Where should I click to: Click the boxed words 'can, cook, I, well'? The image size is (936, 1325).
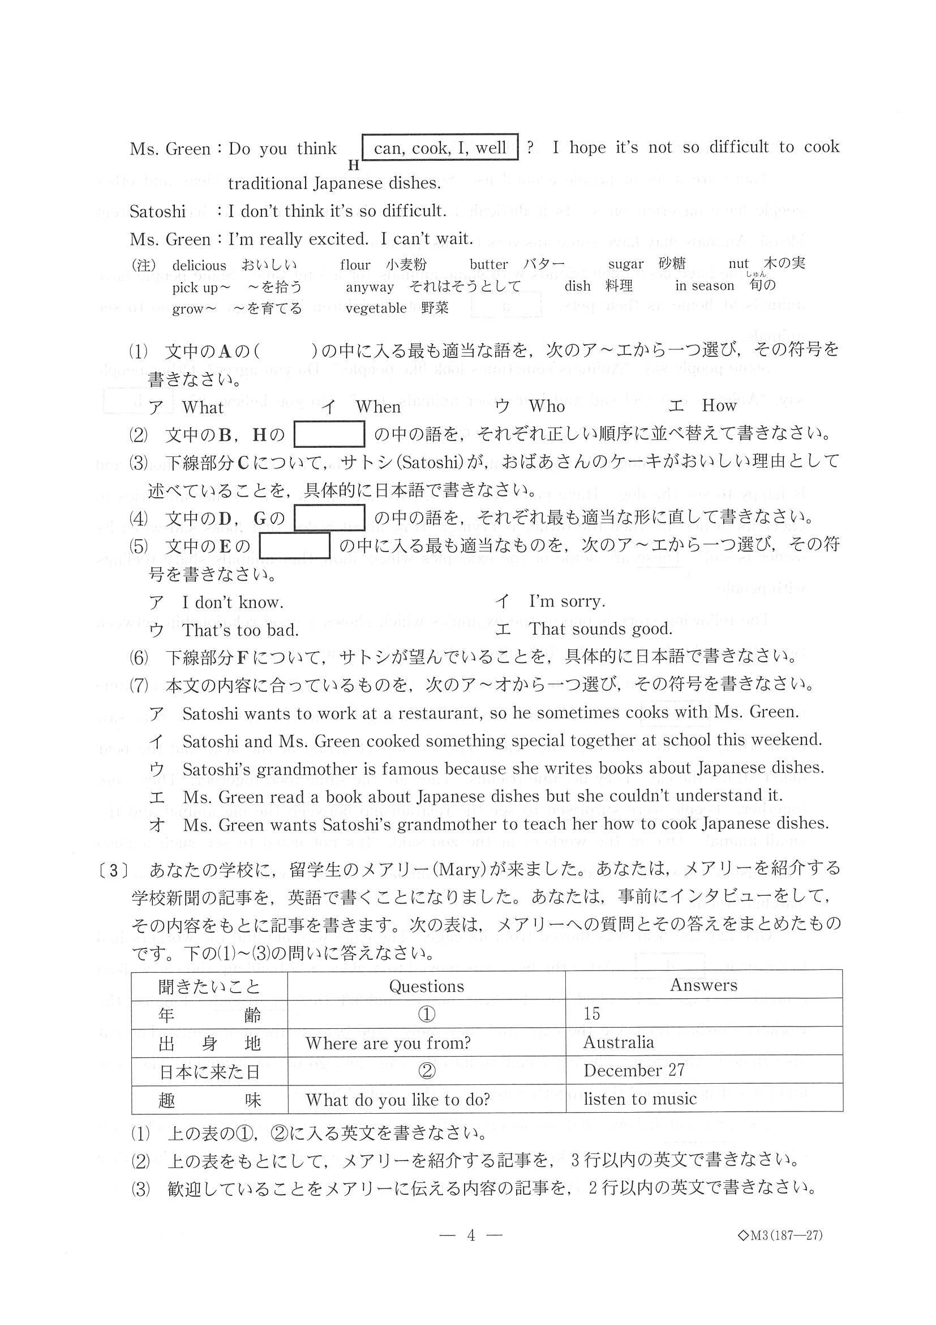click(x=440, y=148)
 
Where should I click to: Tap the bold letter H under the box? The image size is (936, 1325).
click(x=354, y=165)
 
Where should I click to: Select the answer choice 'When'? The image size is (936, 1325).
click(x=378, y=407)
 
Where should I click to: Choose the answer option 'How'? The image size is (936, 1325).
click(x=719, y=405)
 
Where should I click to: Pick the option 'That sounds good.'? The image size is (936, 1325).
click(x=600, y=629)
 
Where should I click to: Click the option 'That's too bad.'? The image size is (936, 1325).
click(x=241, y=630)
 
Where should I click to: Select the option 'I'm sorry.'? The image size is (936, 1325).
click(x=567, y=601)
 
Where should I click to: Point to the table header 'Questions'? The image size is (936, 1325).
click(x=426, y=986)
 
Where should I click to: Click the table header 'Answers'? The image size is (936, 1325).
click(x=703, y=985)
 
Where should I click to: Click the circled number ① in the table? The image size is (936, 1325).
click(x=426, y=1015)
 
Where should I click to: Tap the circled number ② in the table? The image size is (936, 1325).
click(x=426, y=1071)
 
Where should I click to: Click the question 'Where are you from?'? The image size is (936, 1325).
click(x=388, y=1043)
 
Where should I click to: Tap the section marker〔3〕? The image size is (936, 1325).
click(x=113, y=871)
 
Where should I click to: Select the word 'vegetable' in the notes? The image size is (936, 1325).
click(x=376, y=308)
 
